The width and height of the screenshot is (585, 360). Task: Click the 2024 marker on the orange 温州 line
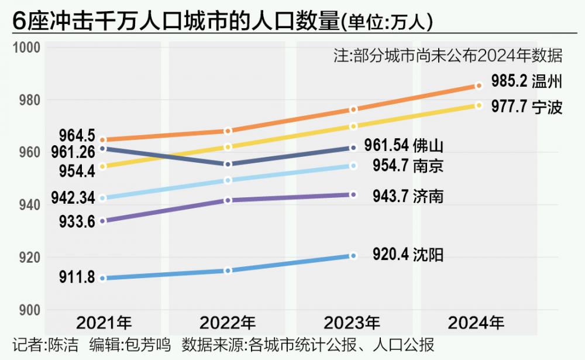pos(479,85)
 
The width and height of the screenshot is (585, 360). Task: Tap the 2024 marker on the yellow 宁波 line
pos(479,105)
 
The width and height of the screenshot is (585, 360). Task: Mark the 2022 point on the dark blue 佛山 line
pos(228,164)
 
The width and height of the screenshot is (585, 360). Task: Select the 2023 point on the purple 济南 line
pos(353,194)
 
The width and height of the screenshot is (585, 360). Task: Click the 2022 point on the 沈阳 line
pos(228,270)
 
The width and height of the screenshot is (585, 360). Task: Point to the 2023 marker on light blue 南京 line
pos(353,166)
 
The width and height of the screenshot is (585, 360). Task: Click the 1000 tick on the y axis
pos(25,47)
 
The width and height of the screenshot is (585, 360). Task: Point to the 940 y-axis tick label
pos(27,205)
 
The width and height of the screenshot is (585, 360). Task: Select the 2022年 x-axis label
pos(228,323)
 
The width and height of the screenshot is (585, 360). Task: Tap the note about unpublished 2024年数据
pos(448,56)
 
